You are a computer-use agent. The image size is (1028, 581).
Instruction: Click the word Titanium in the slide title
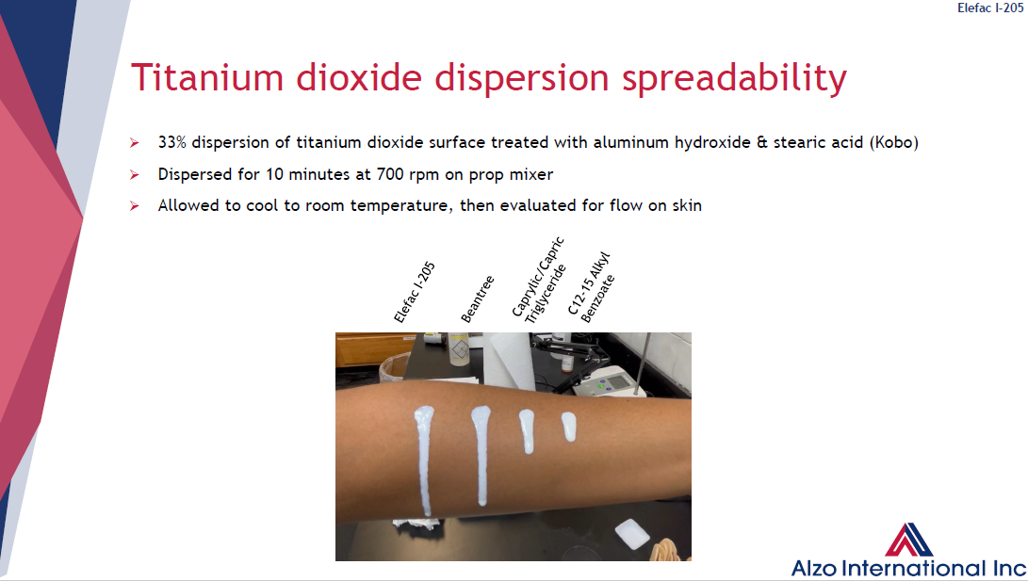(207, 77)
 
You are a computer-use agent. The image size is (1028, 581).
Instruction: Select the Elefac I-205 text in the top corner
(990, 8)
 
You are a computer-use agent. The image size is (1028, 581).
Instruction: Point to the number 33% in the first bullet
(171, 142)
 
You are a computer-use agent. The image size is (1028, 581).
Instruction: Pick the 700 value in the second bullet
(389, 174)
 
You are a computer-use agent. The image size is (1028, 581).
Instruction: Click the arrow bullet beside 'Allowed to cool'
(135, 205)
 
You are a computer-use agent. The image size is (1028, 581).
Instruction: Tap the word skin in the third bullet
(686, 205)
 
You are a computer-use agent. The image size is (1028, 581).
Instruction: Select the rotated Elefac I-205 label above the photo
(415, 292)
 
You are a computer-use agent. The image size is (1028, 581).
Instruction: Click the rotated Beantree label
(478, 299)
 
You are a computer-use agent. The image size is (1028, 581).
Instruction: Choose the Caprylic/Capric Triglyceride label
(538, 281)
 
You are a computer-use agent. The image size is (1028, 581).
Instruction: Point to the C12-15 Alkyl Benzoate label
(591, 287)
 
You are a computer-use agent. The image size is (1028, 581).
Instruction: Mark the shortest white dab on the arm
(568, 427)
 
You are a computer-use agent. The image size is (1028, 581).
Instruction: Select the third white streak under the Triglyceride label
(527, 431)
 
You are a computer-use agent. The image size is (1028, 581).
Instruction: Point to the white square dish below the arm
(632, 534)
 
